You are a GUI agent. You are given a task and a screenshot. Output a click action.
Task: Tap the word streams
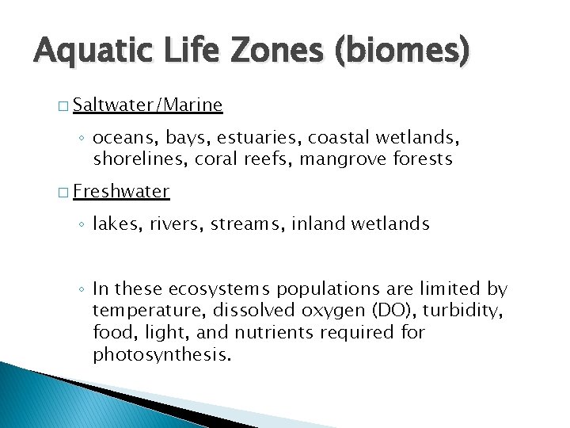pos(249,224)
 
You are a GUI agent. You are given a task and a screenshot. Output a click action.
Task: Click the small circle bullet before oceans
pos(82,139)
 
